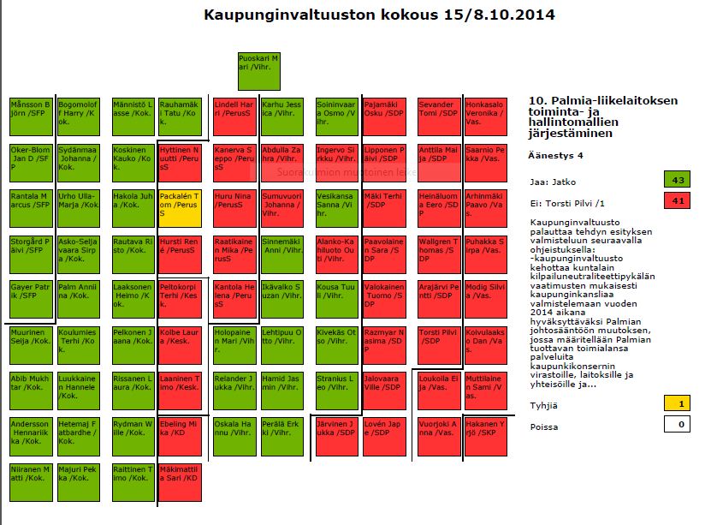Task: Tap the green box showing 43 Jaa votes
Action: click(x=676, y=179)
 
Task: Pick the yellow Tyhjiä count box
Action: click(x=676, y=403)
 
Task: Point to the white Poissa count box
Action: click(x=676, y=422)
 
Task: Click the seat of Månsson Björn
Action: click(x=31, y=116)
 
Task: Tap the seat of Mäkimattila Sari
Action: click(x=180, y=481)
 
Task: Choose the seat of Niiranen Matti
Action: click(x=31, y=481)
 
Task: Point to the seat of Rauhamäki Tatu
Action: click(x=180, y=116)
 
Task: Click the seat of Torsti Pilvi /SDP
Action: click(x=439, y=344)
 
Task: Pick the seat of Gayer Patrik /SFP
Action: click(x=31, y=299)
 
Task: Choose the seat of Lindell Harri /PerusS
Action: click(x=234, y=116)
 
